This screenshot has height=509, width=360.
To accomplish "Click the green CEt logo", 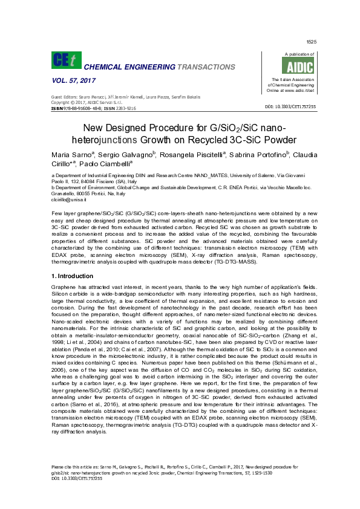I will [65, 60].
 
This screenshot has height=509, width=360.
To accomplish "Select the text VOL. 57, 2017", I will [74, 80].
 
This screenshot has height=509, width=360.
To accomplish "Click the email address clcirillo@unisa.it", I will [69, 199].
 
